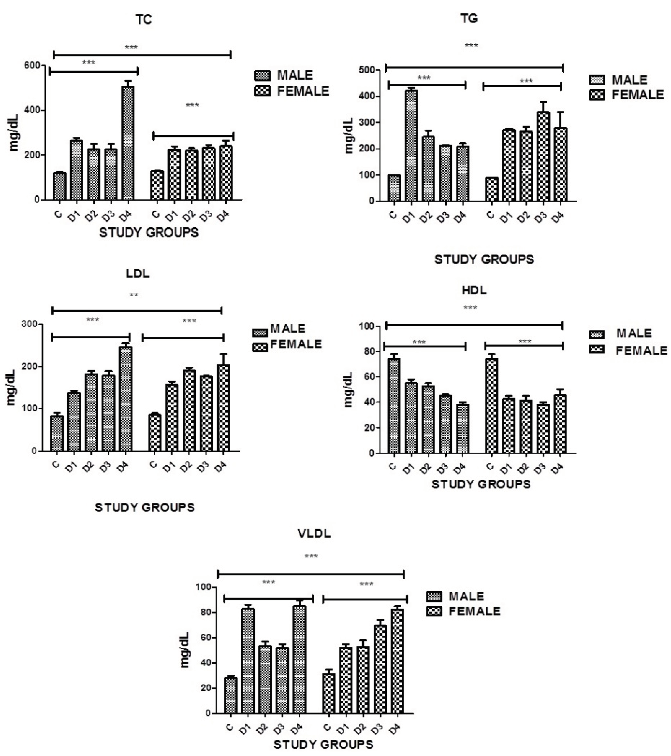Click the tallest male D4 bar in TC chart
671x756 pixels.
tap(128, 144)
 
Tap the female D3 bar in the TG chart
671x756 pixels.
tap(543, 157)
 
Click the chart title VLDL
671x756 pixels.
tap(314, 533)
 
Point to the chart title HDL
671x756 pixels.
tap(474, 290)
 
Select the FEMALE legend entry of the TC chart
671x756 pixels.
tap(292, 91)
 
